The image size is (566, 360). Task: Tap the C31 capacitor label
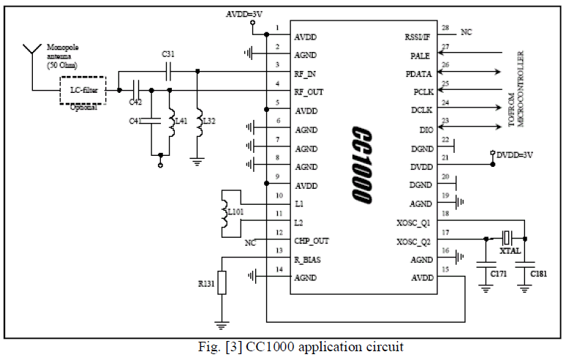[168, 54]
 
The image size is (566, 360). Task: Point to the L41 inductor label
[182, 121]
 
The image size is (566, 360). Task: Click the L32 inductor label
[208, 121]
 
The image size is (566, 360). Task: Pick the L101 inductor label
[235, 212]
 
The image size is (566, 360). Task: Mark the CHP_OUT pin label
[312, 240]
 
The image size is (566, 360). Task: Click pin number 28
[445, 27]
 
